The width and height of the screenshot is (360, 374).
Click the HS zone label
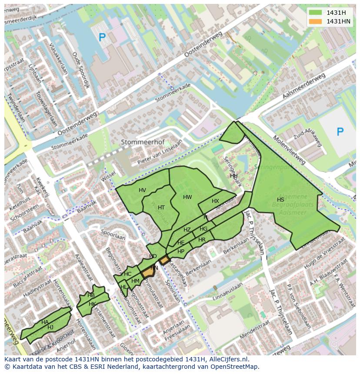coord(280,200)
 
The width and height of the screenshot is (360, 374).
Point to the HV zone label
coord(142,190)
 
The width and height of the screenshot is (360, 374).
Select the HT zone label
coord(161,208)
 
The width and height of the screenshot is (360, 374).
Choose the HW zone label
coord(187,197)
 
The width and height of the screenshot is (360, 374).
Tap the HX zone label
coord(215,201)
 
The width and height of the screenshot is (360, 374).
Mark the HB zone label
coord(91,295)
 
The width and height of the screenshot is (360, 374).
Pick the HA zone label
coord(45,322)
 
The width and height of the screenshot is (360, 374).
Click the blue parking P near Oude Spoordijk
coord(102,38)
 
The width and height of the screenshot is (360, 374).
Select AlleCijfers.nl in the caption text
coord(227,359)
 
